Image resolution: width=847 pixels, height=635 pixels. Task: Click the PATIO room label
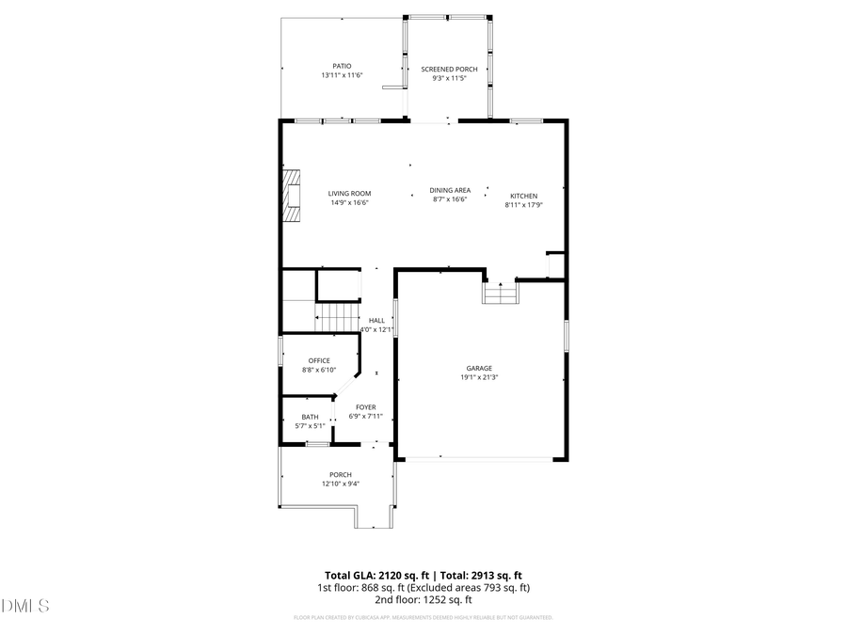(x=342, y=66)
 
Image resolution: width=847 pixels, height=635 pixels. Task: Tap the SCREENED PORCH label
(x=449, y=70)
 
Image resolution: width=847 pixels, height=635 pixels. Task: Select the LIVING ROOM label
(x=349, y=194)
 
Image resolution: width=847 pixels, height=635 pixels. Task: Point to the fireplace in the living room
(x=292, y=196)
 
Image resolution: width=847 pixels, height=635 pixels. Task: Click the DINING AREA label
(x=450, y=190)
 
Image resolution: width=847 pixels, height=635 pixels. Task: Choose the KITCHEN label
(x=523, y=196)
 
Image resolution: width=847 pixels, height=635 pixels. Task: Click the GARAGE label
(x=479, y=368)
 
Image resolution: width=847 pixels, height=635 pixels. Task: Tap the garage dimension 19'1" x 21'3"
(x=479, y=377)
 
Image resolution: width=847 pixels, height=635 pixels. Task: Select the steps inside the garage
(x=501, y=294)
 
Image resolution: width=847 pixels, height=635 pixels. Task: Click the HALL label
(x=376, y=320)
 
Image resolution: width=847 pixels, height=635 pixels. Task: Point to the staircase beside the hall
(x=337, y=317)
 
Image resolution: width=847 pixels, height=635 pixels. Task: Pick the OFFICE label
(x=319, y=360)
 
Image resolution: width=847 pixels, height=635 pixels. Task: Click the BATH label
(x=310, y=417)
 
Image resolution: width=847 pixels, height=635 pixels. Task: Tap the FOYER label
(x=365, y=407)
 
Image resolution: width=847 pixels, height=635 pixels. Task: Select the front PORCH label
(x=341, y=474)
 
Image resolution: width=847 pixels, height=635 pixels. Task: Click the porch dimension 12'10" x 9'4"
(x=341, y=484)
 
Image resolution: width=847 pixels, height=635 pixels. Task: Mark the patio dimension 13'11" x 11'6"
(x=342, y=75)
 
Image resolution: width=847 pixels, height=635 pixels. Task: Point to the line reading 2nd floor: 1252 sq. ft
(x=423, y=599)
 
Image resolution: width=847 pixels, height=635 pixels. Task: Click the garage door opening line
(x=480, y=458)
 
